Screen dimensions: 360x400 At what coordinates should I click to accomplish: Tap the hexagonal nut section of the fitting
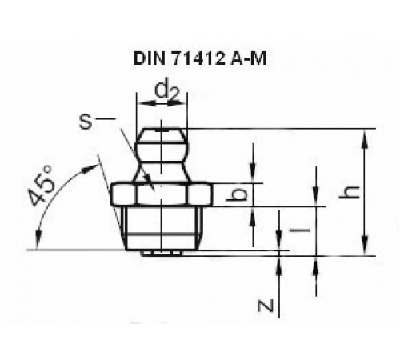162,194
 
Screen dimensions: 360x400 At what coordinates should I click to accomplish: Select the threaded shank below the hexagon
162,227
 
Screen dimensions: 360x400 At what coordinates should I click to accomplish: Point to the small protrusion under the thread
162,253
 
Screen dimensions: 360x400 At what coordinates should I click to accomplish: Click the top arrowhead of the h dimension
365,134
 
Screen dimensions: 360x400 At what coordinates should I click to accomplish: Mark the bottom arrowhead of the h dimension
365,250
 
